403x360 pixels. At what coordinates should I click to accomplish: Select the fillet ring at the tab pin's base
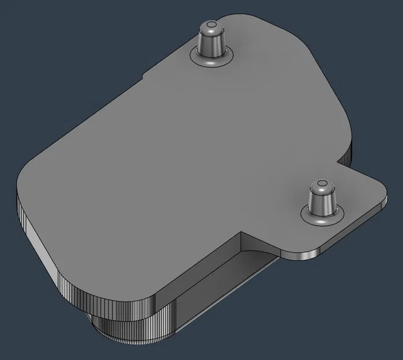(x=322, y=218)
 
